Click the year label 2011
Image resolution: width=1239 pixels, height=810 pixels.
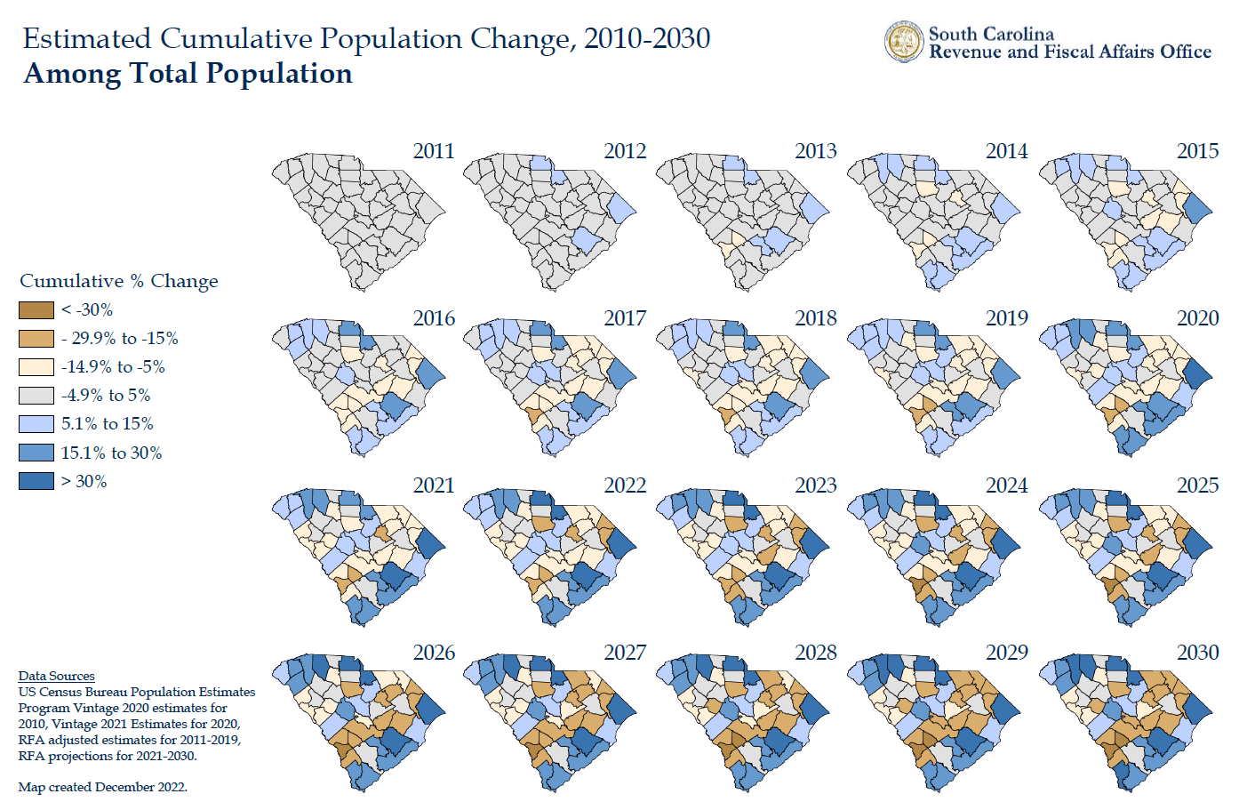click(434, 151)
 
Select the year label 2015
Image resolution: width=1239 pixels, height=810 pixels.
click(1197, 151)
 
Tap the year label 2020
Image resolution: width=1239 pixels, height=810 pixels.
click(1197, 318)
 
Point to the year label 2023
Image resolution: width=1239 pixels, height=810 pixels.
click(816, 485)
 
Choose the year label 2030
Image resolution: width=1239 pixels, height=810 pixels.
click(1197, 653)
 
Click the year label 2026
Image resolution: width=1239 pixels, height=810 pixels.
click(434, 653)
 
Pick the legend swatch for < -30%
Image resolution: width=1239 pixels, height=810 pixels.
click(36, 310)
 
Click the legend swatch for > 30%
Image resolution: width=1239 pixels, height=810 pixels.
click(36, 481)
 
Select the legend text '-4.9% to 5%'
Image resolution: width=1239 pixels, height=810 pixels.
click(106, 396)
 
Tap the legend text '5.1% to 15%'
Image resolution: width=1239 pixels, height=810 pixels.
click(107, 424)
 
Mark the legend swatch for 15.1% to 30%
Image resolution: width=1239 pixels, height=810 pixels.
click(36, 453)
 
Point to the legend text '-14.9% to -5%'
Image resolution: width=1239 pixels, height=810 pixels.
click(113, 367)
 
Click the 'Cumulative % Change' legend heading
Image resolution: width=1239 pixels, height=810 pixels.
click(119, 281)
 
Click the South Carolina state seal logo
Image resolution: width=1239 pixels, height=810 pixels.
click(904, 42)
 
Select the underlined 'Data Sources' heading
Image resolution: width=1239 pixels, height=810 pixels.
click(56, 676)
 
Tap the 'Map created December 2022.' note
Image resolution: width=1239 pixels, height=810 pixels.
click(102, 787)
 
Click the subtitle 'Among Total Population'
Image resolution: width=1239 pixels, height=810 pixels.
click(188, 74)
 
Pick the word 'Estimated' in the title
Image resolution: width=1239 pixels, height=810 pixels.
click(87, 39)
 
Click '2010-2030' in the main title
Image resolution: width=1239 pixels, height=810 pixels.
click(647, 39)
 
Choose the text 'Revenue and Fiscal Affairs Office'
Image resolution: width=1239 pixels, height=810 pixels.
click(1070, 52)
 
